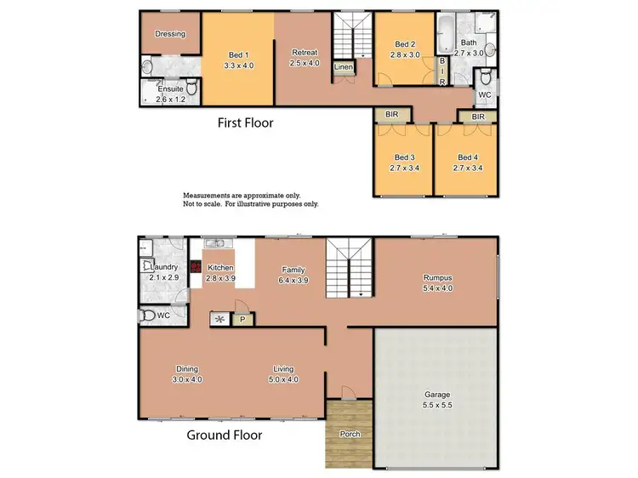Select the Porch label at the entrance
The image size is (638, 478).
pos(350,434)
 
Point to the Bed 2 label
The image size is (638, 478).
pos(405,44)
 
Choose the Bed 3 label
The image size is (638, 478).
pos(403,157)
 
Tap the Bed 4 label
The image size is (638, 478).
pos(466,157)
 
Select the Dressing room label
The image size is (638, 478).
pos(170,34)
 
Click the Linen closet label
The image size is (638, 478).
pos(343,66)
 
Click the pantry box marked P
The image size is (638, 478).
pos(242,319)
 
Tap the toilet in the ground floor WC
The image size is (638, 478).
pos(150,316)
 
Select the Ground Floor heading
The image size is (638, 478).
pos(225,435)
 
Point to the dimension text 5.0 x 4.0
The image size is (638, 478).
pos(283,379)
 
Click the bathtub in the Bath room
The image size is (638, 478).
pos(446,36)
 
